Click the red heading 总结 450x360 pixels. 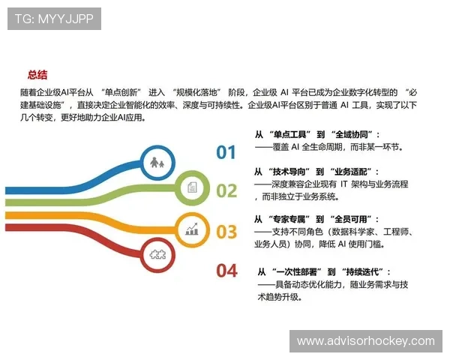tap(38, 74)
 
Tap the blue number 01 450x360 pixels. tap(226, 153)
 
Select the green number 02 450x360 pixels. tap(226, 191)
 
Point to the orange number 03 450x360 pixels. tap(226, 232)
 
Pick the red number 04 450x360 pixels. tap(226, 271)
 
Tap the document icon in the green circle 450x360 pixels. tap(192, 187)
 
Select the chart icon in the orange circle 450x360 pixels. tap(192, 228)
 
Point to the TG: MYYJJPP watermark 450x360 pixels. tap(53, 19)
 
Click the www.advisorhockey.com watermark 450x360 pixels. tap(365, 341)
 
